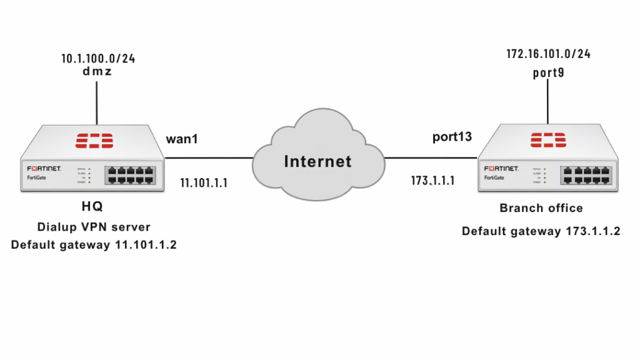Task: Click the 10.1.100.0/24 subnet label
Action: click(98, 59)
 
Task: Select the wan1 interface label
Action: click(182, 139)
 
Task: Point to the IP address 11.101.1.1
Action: click(203, 183)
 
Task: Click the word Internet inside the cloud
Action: click(317, 161)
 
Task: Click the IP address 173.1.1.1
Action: click(432, 181)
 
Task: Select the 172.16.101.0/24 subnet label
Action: click(548, 54)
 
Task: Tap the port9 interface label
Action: click(548, 72)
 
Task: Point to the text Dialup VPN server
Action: click(94, 227)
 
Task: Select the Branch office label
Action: click(541, 208)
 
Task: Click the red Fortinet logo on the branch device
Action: click(548, 141)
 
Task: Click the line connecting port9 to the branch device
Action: click(548, 101)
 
